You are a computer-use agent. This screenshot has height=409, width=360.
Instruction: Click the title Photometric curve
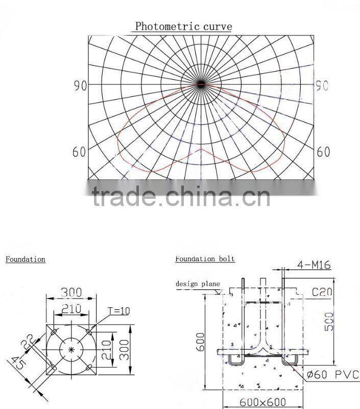pos(183,26)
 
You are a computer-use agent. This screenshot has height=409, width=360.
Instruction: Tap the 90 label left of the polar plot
pos(80,85)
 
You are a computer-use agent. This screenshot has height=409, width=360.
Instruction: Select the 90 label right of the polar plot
pos(321,85)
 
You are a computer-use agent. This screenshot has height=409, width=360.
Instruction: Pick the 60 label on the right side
pos(323,152)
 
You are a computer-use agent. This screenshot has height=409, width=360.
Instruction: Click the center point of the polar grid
pos(201,83)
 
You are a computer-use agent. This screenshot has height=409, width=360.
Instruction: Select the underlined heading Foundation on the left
pos(26,259)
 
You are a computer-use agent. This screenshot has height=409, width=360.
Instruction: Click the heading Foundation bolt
pos(205,259)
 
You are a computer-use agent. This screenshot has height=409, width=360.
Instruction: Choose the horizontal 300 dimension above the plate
pos(71,292)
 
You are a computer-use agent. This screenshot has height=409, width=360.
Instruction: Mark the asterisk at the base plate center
pos(71,349)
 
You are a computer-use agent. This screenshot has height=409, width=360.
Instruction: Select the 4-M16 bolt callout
pos(314,265)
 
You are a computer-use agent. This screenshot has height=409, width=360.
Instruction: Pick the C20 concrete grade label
pos(322,292)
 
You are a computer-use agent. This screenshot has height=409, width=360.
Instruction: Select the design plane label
pos(198,284)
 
